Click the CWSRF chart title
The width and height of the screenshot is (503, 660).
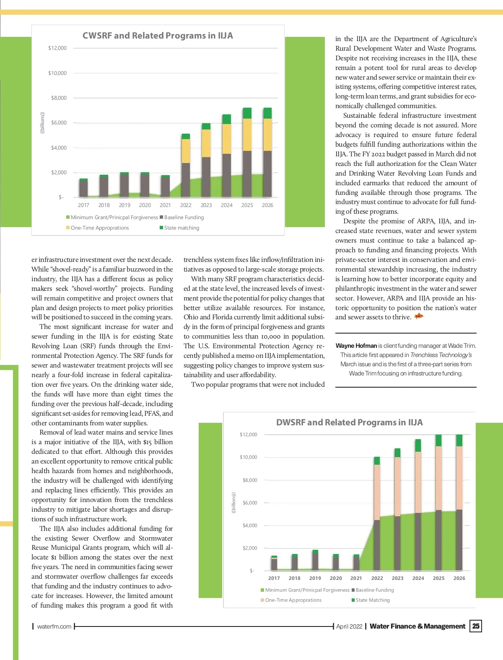(158, 36)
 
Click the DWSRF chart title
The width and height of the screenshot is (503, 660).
(349, 422)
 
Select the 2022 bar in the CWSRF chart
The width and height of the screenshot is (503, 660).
(186, 166)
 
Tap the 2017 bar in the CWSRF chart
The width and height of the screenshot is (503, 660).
(83, 188)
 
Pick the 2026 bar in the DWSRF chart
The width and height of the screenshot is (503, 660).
(459, 502)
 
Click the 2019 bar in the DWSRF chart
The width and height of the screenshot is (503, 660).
(315, 560)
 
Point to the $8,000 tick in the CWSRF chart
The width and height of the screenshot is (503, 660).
(59, 98)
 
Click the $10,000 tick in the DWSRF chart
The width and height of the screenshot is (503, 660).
(249, 457)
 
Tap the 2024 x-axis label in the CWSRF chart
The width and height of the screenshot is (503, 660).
(227, 205)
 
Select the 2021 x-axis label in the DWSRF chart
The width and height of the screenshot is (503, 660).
(356, 578)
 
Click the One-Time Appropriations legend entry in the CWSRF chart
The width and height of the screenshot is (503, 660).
(100, 228)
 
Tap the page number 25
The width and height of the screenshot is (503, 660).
(476, 626)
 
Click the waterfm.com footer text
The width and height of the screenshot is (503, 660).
(54, 626)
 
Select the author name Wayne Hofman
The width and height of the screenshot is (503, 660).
(356, 346)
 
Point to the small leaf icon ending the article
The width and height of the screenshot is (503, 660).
(418, 316)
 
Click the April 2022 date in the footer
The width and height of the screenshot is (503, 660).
(349, 626)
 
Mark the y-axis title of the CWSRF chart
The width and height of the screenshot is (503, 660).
(42, 123)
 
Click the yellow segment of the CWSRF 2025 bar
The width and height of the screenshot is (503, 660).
(247, 135)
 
